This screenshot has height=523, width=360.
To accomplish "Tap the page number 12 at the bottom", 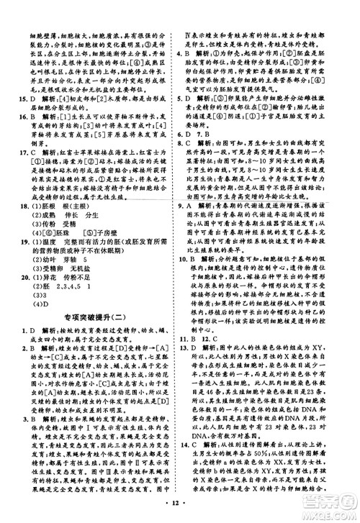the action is [180, 512].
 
